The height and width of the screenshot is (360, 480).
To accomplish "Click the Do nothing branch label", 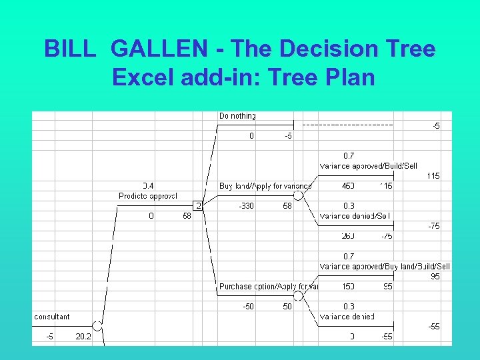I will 237,116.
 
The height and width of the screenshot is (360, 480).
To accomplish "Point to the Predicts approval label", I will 147,196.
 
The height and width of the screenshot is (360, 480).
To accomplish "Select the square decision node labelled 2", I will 198,205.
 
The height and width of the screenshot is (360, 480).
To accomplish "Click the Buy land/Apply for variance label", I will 265,186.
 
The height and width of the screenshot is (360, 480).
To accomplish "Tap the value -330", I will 246,207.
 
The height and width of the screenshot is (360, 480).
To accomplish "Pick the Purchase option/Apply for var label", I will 269,287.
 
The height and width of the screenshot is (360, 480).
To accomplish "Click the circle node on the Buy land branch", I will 299,195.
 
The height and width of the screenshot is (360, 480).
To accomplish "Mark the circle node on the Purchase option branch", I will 299,295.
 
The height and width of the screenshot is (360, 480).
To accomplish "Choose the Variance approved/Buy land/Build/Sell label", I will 385,266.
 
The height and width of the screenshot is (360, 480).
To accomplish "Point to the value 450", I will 348,186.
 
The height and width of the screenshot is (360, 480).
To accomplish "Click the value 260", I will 348,236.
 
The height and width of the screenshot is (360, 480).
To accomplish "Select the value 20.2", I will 83,337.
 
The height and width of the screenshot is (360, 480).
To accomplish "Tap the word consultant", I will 52,317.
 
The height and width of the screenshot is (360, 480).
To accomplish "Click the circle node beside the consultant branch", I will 97,325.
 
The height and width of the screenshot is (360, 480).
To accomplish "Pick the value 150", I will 347,287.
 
